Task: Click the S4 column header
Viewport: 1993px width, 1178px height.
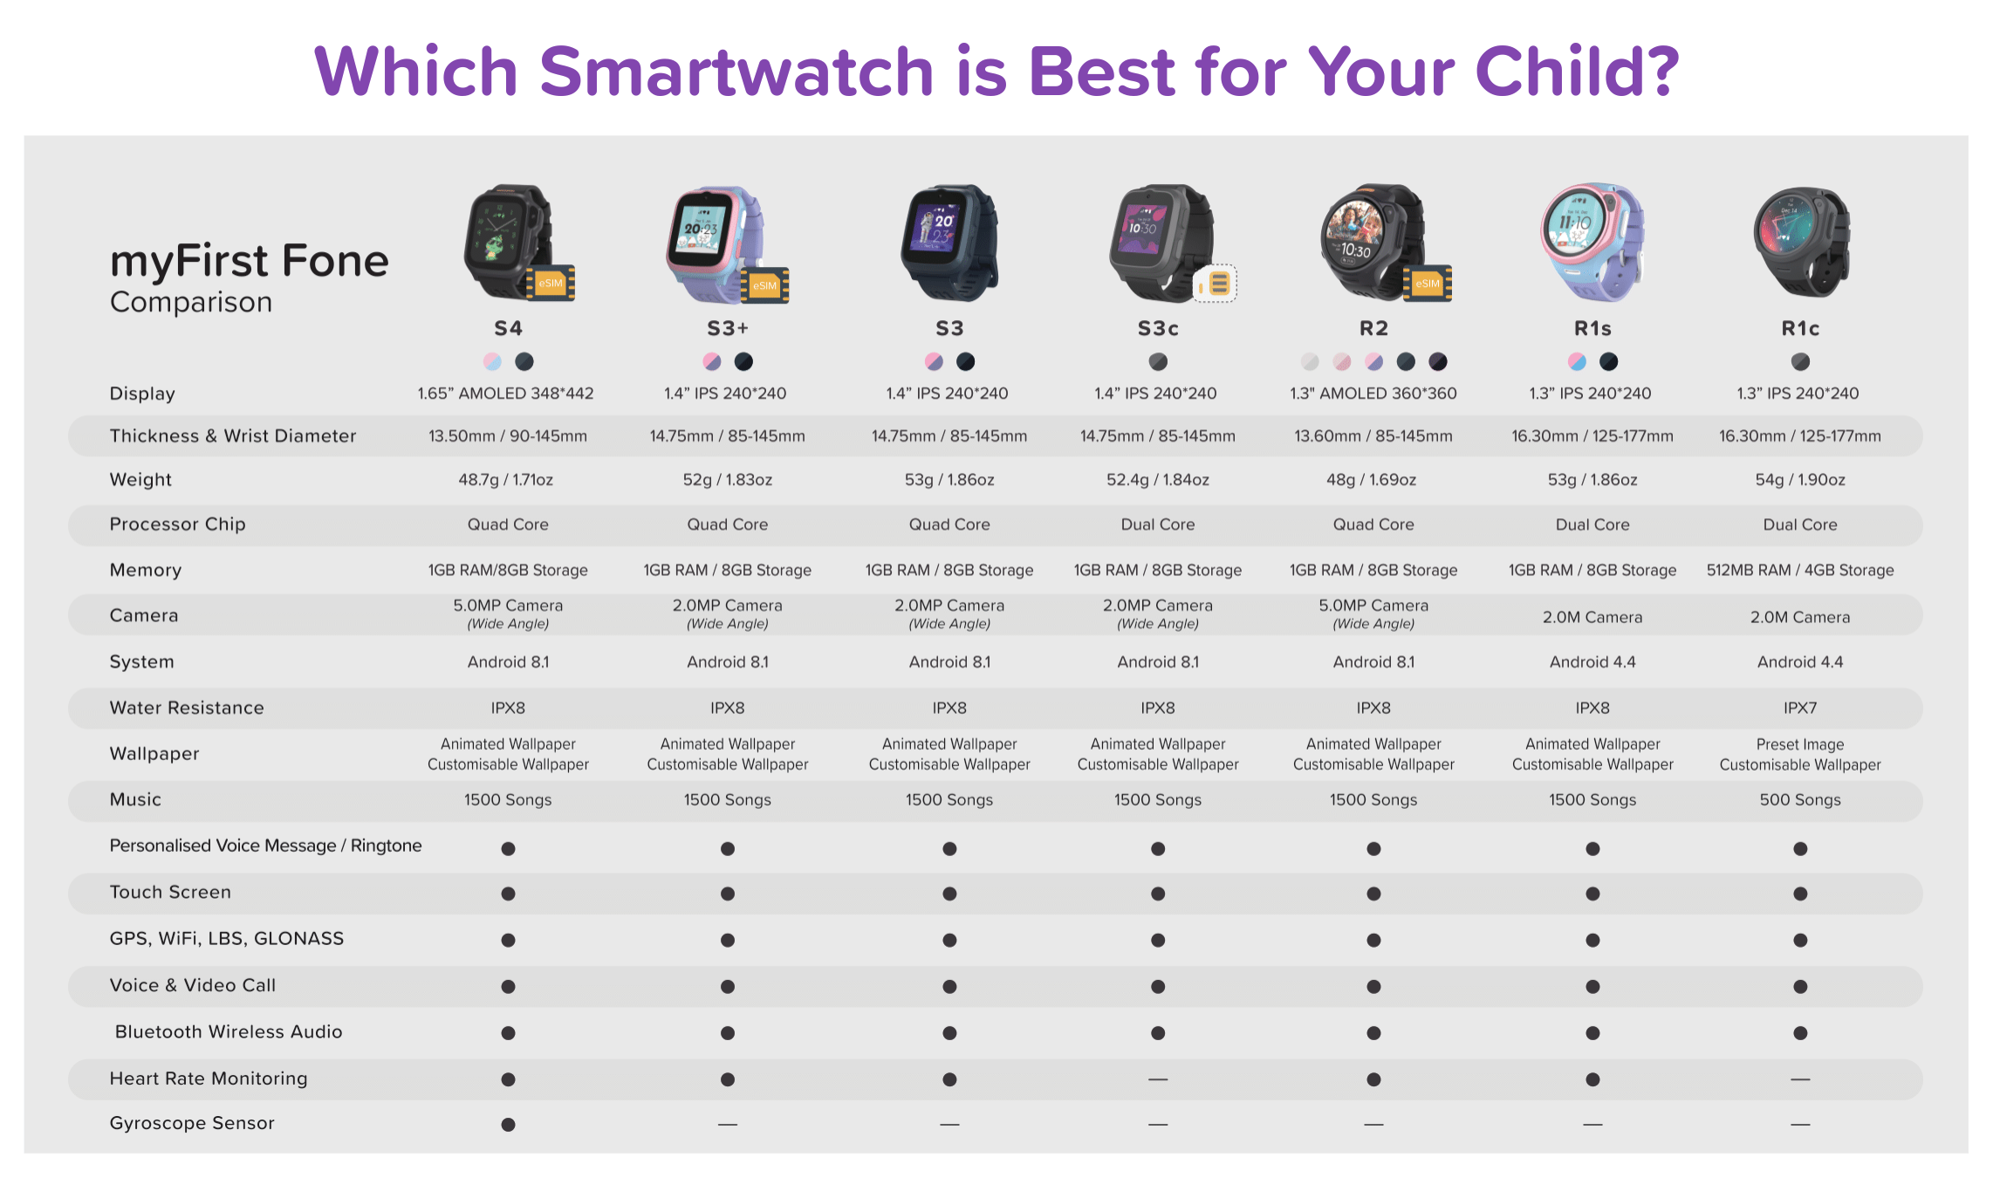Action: [508, 328]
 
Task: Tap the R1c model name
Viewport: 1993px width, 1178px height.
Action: [1800, 328]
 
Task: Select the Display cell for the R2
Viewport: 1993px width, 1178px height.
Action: [1373, 394]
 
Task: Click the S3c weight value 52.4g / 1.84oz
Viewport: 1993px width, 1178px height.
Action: [1158, 480]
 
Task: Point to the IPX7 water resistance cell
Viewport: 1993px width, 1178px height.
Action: [1800, 708]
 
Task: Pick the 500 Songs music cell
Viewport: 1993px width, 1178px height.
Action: [1800, 799]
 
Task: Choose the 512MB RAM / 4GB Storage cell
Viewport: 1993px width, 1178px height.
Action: [1800, 570]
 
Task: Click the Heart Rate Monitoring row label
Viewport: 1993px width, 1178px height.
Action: [209, 1079]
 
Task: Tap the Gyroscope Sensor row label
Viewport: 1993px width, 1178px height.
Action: [192, 1123]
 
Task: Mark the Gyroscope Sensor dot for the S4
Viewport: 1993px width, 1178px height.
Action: [508, 1125]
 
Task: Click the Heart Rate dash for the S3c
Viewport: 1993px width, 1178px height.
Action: [1158, 1079]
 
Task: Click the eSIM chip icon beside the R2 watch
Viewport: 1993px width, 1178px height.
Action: [1428, 284]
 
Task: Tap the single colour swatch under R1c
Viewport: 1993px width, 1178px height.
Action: [1800, 361]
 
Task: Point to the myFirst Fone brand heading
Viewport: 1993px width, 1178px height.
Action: [250, 261]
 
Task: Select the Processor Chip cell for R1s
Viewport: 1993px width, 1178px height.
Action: [1592, 524]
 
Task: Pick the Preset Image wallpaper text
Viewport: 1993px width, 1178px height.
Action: [1800, 744]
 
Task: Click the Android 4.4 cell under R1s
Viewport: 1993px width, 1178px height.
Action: [1592, 662]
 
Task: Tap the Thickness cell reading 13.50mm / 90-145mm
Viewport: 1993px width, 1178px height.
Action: [508, 436]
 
